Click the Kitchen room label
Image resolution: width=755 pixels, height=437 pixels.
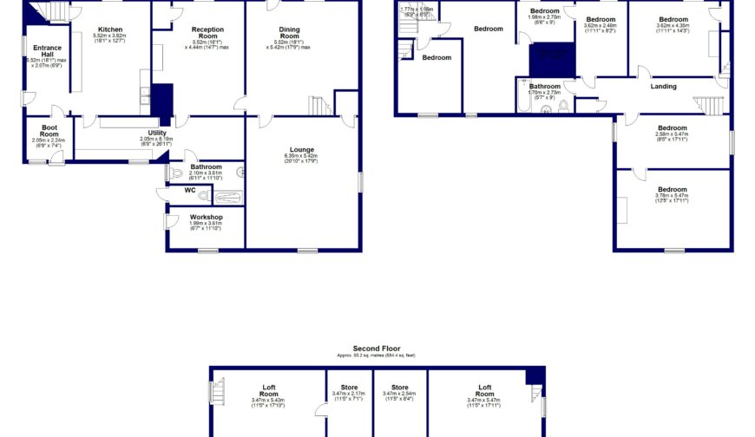point(109,29)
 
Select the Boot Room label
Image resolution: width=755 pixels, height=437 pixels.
point(49,130)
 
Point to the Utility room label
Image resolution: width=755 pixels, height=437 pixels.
point(156,133)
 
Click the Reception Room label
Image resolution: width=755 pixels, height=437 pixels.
point(207,33)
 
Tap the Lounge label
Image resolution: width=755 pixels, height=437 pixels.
point(302,149)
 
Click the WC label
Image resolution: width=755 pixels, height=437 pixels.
point(189,189)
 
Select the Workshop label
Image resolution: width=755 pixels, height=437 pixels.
point(207,217)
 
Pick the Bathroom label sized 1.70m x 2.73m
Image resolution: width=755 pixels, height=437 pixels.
point(545,87)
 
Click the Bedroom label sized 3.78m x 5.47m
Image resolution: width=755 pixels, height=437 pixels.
point(672,189)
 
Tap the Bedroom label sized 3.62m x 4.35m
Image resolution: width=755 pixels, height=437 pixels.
point(673,19)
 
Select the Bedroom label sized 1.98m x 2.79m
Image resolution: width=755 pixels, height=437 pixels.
point(545,11)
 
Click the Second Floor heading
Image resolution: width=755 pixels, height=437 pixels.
point(377,348)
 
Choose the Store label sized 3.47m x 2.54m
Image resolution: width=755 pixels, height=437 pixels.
point(399,388)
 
